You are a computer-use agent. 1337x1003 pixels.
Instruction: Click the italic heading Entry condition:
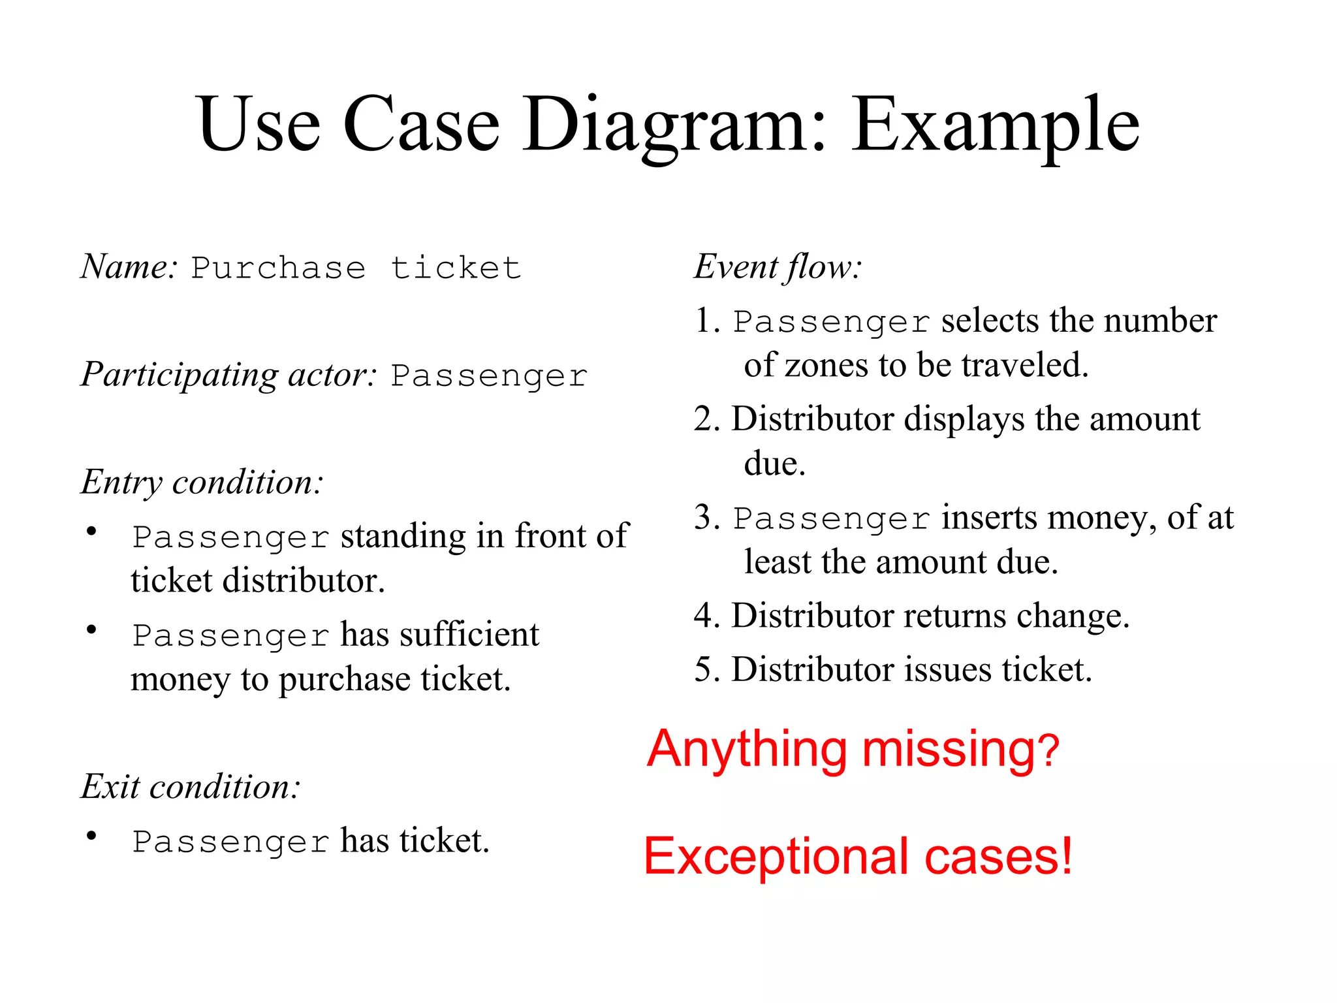point(202,483)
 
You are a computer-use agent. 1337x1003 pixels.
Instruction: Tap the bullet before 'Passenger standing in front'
point(92,531)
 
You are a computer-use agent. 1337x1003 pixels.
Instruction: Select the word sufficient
point(469,635)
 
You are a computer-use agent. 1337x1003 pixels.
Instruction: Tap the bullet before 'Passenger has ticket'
point(92,836)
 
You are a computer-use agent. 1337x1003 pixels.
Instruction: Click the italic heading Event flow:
point(778,267)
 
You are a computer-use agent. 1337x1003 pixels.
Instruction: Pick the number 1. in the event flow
point(707,321)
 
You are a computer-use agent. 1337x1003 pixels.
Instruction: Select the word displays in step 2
point(964,419)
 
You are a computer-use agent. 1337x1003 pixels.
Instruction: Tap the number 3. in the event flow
point(707,518)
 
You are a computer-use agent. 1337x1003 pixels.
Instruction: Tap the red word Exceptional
point(778,857)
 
